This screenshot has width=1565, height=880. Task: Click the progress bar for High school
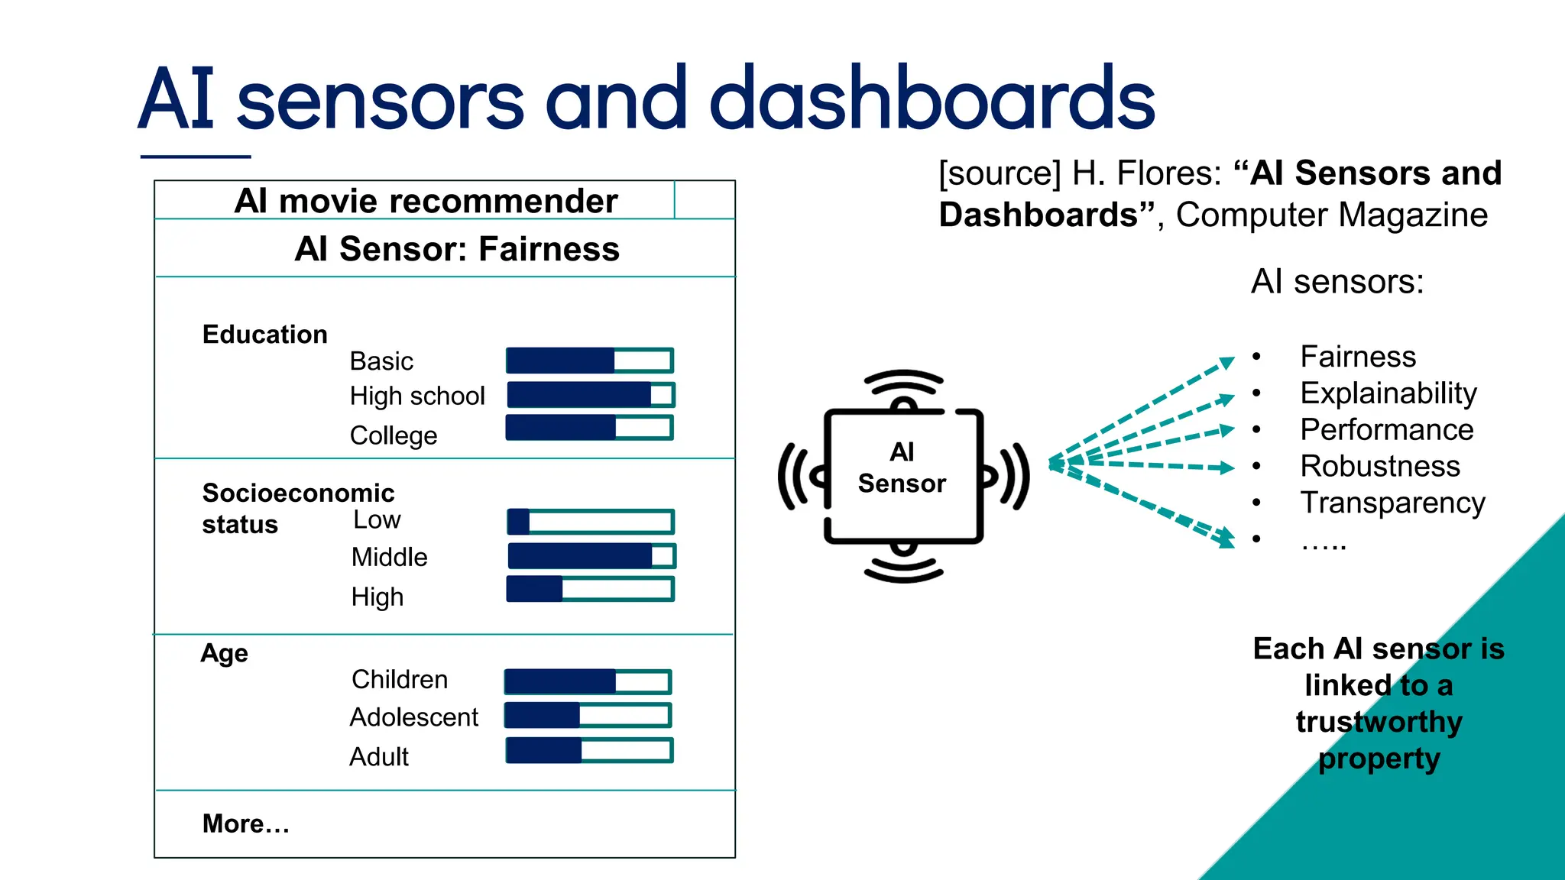coord(591,395)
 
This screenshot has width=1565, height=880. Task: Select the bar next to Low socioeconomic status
coord(591,522)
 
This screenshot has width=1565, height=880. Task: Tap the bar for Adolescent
coord(588,716)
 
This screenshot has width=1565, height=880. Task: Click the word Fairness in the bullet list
coord(1358,357)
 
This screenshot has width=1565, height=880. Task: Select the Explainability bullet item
coord(1388,393)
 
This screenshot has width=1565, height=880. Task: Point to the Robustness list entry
coord(1379,466)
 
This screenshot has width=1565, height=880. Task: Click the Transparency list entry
coord(1392,503)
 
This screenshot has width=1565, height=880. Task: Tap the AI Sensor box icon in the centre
coord(902,475)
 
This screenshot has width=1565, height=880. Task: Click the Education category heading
coord(264,335)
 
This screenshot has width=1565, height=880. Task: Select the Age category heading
coord(224,654)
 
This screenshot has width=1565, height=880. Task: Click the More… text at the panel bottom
coord(245,823)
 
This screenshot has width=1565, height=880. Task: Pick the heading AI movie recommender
coord(426,201)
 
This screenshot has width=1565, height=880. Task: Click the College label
coord(394,435)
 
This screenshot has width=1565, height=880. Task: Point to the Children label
coord(399,679)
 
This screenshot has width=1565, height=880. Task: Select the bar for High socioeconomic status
coord(591,589)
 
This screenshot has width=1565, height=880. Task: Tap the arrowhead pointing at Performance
coord(1226,431)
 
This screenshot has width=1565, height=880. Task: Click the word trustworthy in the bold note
coord(1379,722)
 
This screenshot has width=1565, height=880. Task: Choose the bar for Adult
coord(589,751)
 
